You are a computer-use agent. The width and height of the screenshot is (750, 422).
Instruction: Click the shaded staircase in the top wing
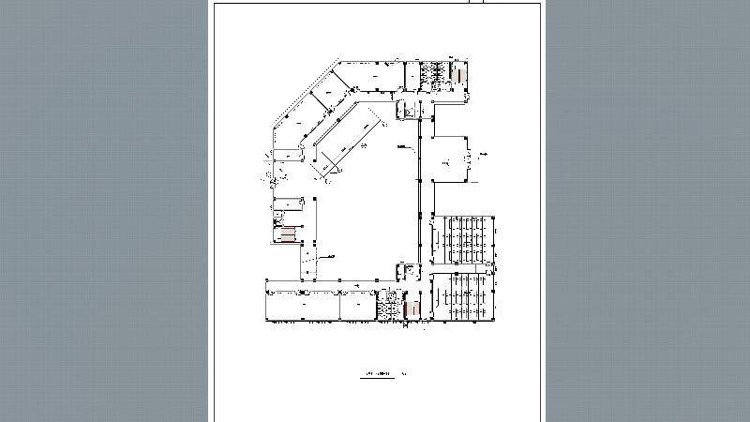pyautogui.click(x=459, y=72)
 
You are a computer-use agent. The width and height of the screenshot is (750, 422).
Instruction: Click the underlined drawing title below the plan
pyautogui.click(x=379, y=376)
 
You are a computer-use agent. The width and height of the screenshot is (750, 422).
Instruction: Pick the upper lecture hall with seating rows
pyautogui.click(x=466, y=240)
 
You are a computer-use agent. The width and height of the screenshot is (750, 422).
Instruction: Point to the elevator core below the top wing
pyautogui.click(x=410, y=109)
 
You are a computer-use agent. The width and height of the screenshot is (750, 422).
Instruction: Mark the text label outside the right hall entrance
pyautogui.click(x=485, y=153)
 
